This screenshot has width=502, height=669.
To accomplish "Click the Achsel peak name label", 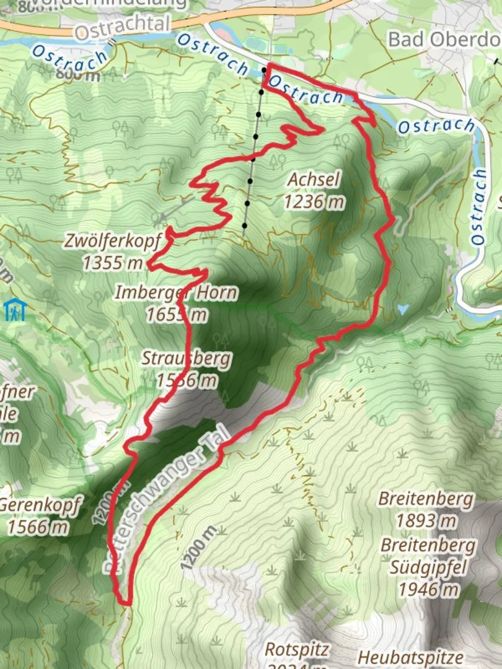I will pyautogui.click(x=314, y=180).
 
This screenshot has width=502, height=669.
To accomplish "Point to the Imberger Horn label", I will pyautogui.click(x=175, y=292).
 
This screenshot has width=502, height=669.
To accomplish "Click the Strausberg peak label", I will pyautogui.click(x=186, y=359).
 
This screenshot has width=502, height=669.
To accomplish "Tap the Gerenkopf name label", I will pyautogui.click(x=40, y=507).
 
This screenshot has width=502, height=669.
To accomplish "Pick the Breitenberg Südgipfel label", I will pyautogui.click(x=428, y=556).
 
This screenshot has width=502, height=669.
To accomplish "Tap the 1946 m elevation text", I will pyautogui.click(x=428, y=589).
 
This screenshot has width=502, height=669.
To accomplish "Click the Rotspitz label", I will pyautogui.click(x=297, y=650).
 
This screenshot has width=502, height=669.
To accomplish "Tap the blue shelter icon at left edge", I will pyautogui.click(x=14, y=310).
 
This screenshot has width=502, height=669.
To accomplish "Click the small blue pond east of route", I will pyautogui.click(x=403, y=308).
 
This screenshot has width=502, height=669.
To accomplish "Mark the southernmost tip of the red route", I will pyautogui.click(x=126, y=602).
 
